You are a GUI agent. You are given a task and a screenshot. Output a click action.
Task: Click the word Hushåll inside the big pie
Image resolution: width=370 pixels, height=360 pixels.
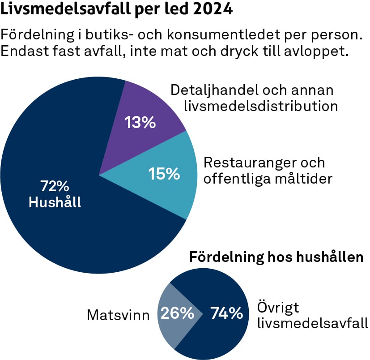tap(55, 202)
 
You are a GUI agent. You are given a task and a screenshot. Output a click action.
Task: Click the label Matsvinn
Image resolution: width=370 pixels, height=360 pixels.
tap(118, 316)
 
